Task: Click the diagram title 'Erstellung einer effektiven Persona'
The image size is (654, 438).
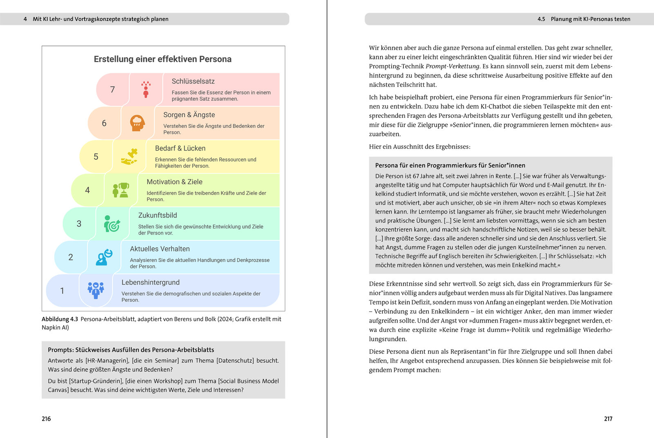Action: [x=163, y=59]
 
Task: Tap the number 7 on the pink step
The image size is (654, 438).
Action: [x=112, y=90]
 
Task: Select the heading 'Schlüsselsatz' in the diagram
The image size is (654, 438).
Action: [x=193, y=81]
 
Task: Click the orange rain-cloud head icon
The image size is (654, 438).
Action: [x=137, y=123]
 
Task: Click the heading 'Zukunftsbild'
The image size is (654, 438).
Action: [x=157, y=215]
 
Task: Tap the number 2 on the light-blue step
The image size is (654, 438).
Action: [x=71, y=257]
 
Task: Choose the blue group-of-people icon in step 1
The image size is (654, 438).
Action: [x=96, y=290]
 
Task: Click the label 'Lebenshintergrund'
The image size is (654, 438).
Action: [x=150, y=282]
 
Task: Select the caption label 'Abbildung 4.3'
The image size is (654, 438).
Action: [x=60, y=319]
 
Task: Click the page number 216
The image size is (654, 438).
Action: [x=46, y=419]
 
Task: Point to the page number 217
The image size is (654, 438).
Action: [x=608, y=419]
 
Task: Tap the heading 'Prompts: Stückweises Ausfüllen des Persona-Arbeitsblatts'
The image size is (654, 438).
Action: [x=131, y=350]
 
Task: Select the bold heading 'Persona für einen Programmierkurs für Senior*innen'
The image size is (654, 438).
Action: [x=450, y=165]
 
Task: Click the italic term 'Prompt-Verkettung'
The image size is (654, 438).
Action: [x=452, y=66]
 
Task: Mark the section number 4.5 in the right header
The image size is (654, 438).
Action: [x=541, y=19]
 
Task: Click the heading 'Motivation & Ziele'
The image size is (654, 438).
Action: [x=175, y=182]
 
